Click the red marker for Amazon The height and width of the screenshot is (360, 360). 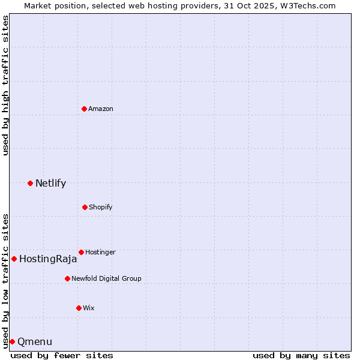click(x=84, y=109)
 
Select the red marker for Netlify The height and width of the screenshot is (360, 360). click(x=30, y=183)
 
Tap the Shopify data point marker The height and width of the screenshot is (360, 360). click(x=85, y=207)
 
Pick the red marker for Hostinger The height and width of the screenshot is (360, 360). click(x=81, y=252)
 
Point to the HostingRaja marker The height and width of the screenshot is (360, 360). click(x=14, y=259)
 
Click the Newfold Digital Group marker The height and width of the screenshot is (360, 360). click(x=67, y=278)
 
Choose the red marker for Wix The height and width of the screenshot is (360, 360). click(x=79, y=308)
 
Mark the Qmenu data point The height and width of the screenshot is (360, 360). click(x=12, y=341)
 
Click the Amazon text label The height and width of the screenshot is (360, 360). click(x=101, y=109)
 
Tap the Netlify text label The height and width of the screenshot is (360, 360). click(x=50, y=184)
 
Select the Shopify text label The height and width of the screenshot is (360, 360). click(x=100, y=207)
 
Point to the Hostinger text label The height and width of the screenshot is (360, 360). click(x=100, y=252)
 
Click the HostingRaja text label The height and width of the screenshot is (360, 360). click(x=48, y=259)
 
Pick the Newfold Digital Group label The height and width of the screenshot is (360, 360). click(x=106, y=278)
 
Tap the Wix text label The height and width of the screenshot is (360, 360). click(x=89, y=308)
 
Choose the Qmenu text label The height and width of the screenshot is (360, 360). click(x=35, y=342)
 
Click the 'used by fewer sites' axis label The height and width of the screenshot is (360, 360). click(x=62, y=355)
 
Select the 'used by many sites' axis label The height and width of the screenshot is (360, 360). click(x=301, y=355)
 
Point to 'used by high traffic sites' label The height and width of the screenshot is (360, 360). click(x=5, y=85)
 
